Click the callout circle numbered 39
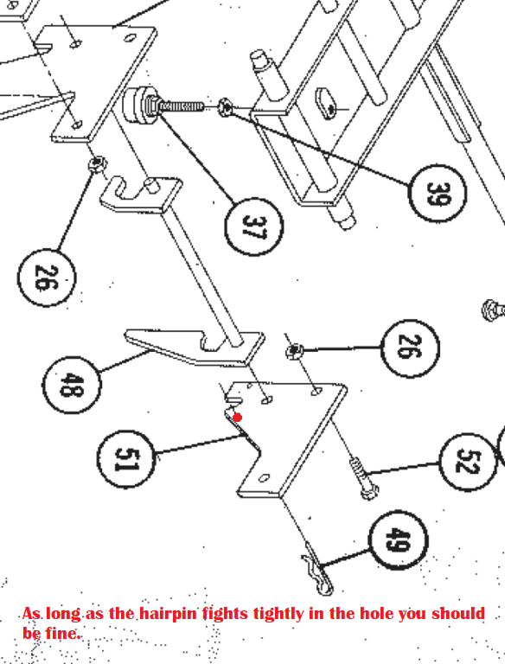coord(438,195)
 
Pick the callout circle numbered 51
coord(126,456)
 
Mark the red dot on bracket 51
coord(238,418)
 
